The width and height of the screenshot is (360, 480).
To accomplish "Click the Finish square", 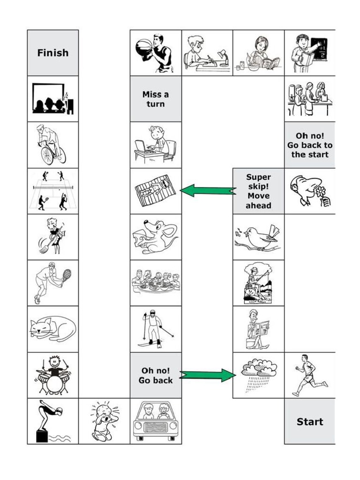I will pyautogui.click(x=52, y=53).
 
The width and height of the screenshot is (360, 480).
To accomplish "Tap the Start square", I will pyautogui.click(x=309, y=421).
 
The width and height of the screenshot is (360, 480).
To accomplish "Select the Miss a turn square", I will pyautogui.click(x=156, y=99).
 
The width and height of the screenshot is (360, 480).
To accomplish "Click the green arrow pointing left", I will pyautogui.click(x=208, y=190).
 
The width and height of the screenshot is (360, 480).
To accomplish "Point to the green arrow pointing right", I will pyautogui.click(x=207, y=375).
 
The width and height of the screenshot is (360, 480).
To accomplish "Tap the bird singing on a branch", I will pyautogui.click(x=258, y=238).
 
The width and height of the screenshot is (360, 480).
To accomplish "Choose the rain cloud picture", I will pyautogui.click(x=259, y=373).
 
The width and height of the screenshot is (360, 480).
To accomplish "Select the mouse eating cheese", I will pyautogui.click(x=156, y=237).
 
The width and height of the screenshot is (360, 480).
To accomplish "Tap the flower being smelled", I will pyautogui.click(x=320, y=192).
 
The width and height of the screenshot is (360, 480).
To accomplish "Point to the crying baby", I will pyautogui.click(x=104, y=420).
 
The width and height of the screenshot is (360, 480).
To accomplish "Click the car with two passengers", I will pyautogui.click(x=155, y=421).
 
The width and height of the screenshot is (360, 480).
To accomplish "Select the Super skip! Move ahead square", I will pyautogui.click(x=258, y=191).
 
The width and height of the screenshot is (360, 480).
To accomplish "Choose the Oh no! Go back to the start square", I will pyautogui.click(x=309, y=145).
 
